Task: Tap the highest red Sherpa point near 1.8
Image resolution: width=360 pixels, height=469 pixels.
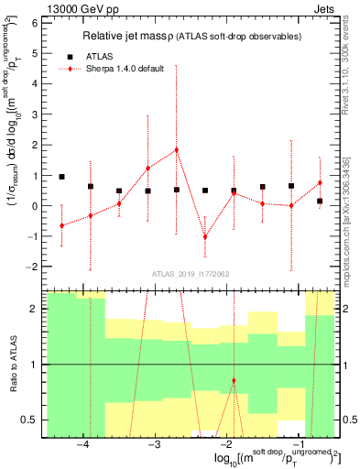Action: pos(176,149)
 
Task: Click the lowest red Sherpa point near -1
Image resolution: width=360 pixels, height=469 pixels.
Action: pos(205,236)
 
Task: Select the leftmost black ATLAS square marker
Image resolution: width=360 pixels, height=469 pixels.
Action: pos(61,177)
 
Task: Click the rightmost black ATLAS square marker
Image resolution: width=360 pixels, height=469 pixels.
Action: pos(320,201)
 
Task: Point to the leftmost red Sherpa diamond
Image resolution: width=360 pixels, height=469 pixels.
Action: pos(61,225)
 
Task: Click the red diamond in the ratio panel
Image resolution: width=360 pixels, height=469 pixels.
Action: pos(234,380)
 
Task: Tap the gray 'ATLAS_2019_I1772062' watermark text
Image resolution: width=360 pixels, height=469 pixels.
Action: pos(191,274)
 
